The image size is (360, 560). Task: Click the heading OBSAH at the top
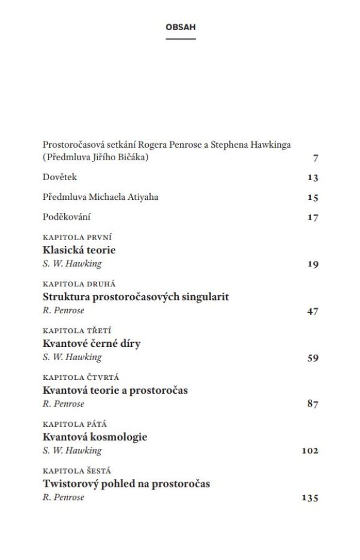coord(181,27)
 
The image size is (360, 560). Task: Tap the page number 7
coord(315,158)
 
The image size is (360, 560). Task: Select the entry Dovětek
coord(60,177)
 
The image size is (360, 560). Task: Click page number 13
coord(312,178)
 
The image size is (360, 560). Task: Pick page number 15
coord(312,197)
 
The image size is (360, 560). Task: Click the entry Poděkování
coord(67,217)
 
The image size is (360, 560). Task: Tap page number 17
coord(312,217)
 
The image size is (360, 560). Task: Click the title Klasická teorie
coord(79,250)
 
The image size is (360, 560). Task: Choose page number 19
coord(312,264)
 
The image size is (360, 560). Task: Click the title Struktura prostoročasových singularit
coord(136,297)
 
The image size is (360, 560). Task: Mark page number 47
coord(312,311)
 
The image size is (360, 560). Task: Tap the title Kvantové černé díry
coord(91,343)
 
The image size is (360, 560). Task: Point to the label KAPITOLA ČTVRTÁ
coord(81,378)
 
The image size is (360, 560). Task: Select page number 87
coord(312,405)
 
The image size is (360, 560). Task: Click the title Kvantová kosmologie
coord(95,437)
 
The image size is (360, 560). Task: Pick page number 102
coord(310,451)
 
